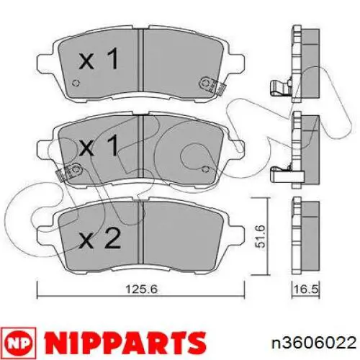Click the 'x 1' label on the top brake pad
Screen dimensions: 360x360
coord(99,60)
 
